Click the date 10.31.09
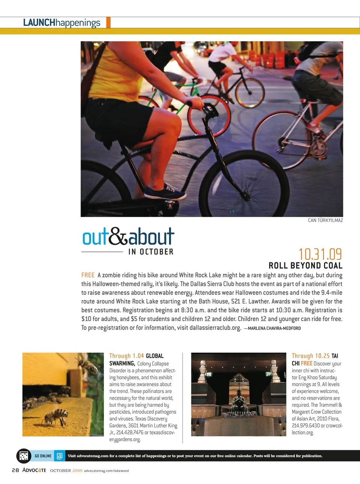[320, 254]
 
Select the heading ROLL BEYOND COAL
[305, 266]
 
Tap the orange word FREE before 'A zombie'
[88, 275]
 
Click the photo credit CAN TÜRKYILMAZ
[325, 220]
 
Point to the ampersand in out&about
[118, 236]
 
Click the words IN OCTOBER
[151, 252]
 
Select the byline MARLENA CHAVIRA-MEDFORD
[274, 328]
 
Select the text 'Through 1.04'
[126, 356]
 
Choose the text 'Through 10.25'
[310, 356]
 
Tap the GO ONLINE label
[43, 456]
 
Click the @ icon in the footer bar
[59, 456]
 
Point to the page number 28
[15, 470]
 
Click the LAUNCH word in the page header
[39, 23]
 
